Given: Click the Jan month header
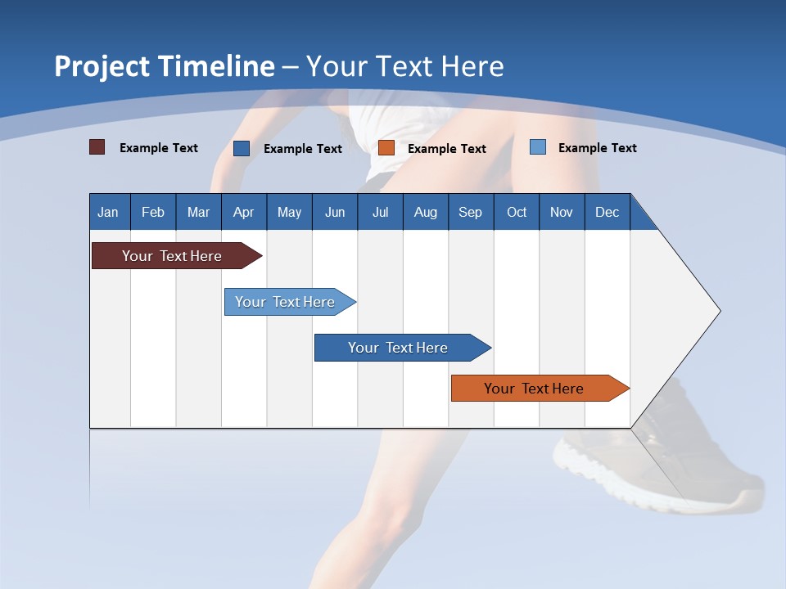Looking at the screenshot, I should click(x=108, y=212).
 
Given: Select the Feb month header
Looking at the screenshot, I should click(x=153, y=212).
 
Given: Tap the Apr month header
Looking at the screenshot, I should click(x=243, y=212).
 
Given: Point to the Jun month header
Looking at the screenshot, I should click(x=335, y=212).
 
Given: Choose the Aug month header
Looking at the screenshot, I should click(x=425, y=212).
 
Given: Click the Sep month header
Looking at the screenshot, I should click(x=470, y=212).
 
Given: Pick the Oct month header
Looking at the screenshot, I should click(x=517, y=212).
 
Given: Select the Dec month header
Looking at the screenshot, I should click(x=607, y=212).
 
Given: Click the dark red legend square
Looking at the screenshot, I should click(x=97, y=147).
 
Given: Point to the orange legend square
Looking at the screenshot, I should click(x=386, y=148).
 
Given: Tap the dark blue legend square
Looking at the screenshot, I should click(x=242, y=148).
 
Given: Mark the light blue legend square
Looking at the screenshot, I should click(x=538, y=147).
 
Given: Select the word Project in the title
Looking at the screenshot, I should click(x=101, y=66).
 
